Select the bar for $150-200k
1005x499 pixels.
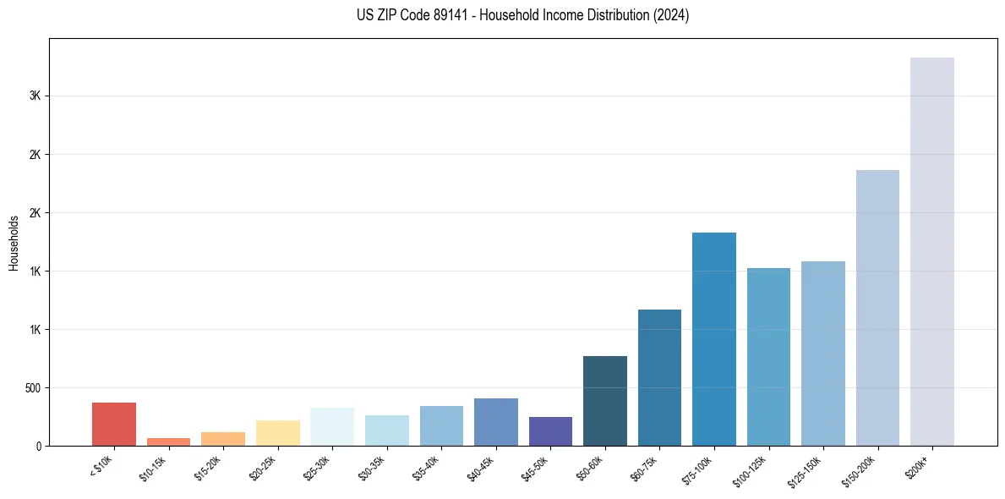(877, 308)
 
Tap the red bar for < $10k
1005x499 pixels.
(114, 424)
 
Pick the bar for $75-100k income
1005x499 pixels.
(713, 339)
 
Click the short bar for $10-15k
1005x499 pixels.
(168, 441)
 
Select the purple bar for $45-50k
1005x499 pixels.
(550, 431)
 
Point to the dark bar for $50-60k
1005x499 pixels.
(604, 401)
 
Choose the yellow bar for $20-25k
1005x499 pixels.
(277, 433)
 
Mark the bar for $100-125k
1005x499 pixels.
(768, 357)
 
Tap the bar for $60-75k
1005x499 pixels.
(659, 377)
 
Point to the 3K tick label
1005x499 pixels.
(35, 96)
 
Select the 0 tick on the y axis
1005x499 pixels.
(38, 446)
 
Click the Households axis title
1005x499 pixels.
(14, 243)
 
